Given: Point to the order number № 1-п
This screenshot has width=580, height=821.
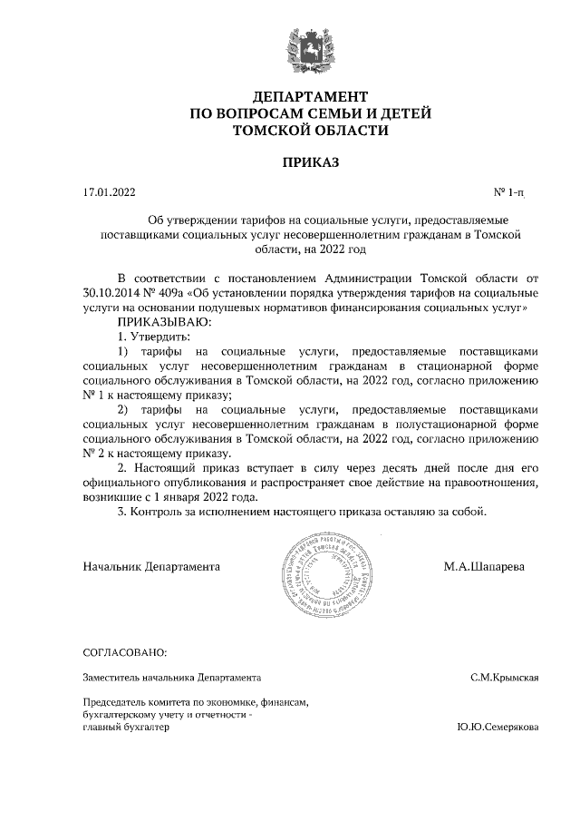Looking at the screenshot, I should point(508,192).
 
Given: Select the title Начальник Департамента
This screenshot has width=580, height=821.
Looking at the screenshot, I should point(151,566).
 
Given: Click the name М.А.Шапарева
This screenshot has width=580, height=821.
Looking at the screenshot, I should point(483,566).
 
